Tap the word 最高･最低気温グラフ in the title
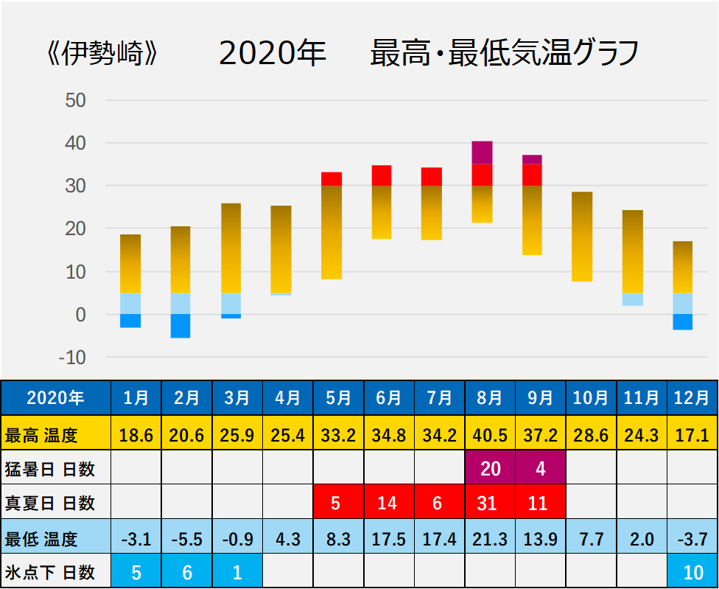[x=504, y=55]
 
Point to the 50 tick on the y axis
[x=76, y=100]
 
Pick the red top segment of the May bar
[x=332, y=178]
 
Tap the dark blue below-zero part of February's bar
[x=180, y=326]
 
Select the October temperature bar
[x=582, y=236]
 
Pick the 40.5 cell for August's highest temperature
[x=490, y=435]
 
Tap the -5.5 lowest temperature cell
[x=187, y=539]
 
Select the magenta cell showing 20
[x=490, y=469]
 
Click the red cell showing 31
[x=490, y=503]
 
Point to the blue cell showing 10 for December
[x=692, y=572]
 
